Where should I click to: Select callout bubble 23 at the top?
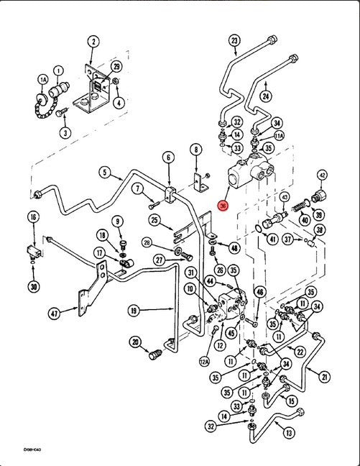click(234, 40)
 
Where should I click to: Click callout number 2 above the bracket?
click(93, 41)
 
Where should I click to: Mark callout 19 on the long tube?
click(134, 311)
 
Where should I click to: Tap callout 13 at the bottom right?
click(289, 433)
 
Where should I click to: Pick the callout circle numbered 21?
click(324, 377)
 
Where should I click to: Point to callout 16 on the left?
click(33, 216)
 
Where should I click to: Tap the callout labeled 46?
click(260, 291)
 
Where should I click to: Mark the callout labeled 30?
click(33, 287)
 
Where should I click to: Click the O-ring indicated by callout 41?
click(260, 230)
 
